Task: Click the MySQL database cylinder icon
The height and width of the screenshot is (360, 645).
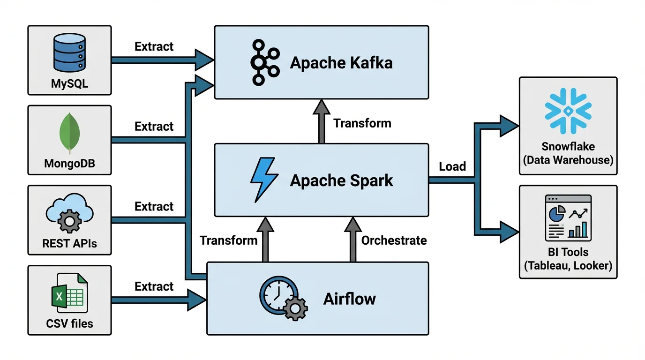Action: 69,56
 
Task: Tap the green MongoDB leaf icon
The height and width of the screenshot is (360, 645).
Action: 69,134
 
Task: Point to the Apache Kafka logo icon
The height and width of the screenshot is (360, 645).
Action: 265,63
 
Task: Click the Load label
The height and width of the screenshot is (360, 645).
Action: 452,166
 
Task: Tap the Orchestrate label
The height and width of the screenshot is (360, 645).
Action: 394,240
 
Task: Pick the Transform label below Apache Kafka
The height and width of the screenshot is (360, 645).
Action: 362,123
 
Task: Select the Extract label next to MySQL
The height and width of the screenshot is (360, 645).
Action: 154,46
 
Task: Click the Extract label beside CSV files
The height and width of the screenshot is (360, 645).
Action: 154,286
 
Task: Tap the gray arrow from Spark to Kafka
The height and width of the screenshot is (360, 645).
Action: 322,122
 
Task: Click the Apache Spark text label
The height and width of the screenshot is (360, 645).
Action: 341,180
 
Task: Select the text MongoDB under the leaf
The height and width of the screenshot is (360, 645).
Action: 69,164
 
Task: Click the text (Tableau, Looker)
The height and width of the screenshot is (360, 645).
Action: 568,266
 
